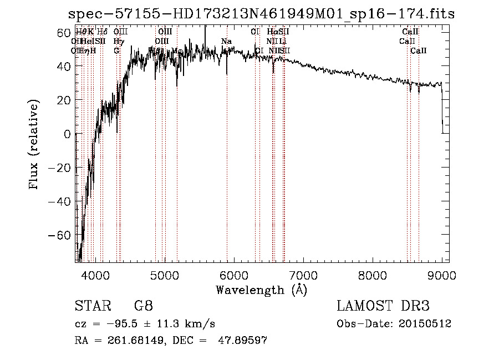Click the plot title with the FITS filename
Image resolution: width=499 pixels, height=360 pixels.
point(261,14)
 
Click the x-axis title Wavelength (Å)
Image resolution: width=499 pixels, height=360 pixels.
point(261,290)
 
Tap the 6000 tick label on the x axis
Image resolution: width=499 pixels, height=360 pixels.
point(234,275)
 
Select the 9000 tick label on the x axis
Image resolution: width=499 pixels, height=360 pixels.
point(442,275)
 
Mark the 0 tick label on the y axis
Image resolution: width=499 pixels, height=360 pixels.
point(67,134)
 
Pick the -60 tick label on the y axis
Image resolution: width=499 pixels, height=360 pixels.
point(59,235)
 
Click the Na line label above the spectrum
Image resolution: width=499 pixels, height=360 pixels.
point(226,42)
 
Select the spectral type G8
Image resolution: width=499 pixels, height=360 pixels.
point(143,306)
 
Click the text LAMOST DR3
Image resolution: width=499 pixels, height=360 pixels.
point(383,306)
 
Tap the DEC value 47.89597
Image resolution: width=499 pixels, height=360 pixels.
point(244,341)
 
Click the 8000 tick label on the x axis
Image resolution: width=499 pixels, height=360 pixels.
point(373,275)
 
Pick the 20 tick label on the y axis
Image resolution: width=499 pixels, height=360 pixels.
point(64,100)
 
